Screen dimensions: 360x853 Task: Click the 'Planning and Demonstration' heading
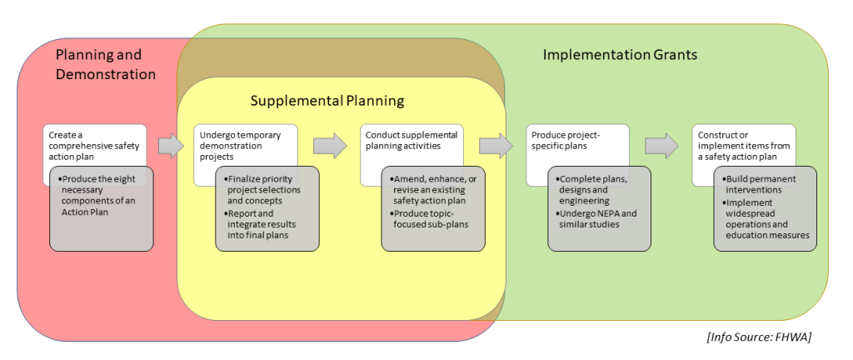pyautogui.click(x=105, y=64)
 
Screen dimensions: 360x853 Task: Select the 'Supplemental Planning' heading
pyautogui.click(x=327, y=101)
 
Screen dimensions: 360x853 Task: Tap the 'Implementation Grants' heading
pyautogui.click(x=620, y=55)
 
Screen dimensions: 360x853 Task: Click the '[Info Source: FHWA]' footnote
pyautogui.click(x=759, y=337)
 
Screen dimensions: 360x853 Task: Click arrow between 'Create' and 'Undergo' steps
pyautogui.click(x=170, y=146)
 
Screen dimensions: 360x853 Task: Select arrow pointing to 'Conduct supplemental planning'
pyautogui.click(x=329, y=146)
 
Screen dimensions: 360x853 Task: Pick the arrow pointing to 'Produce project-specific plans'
pyautogui.click(x=496, y=146)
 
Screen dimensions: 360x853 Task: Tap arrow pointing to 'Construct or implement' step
pyautogui.click(x=661, y=146)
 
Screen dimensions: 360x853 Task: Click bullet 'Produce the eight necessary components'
pyautogui.click(x=102, y=196)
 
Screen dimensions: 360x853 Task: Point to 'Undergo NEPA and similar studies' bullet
pyautogui.click(x=598, y=219)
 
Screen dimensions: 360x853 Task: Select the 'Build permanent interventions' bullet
pyautogui.click(x=763, y=184)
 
